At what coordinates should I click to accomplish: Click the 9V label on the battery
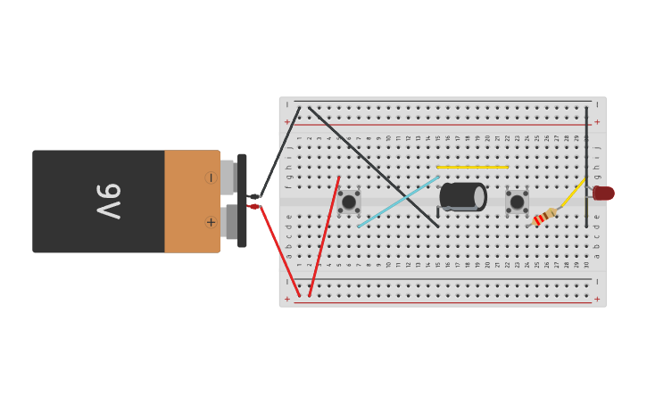coord(107,202)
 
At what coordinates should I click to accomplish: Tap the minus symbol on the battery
coord(211,177)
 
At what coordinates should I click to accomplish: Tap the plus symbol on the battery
coord(211,222)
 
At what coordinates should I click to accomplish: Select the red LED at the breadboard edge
coord(603,193)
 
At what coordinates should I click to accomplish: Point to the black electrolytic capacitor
coord(462,196)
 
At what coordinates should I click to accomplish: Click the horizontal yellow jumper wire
coord(472,167)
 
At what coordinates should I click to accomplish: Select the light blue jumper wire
coord(398,202)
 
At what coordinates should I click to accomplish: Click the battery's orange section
coord(191,202)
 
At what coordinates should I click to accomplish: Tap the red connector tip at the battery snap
coord(253,207)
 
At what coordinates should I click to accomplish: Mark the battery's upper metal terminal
coord(227,177)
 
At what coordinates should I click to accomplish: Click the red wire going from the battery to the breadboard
coord(278,250)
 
